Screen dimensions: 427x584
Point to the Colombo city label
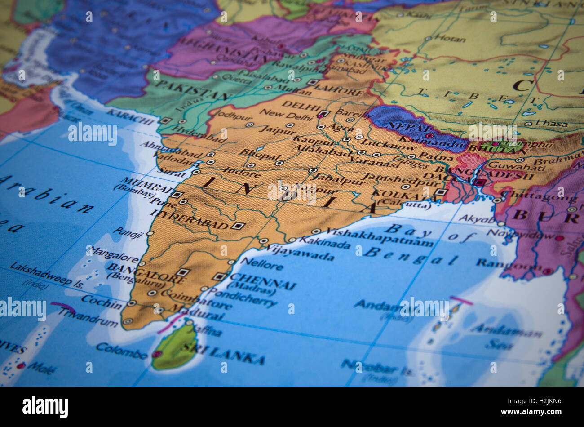(x=121, y=350)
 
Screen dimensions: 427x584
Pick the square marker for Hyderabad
(x=238, y=226)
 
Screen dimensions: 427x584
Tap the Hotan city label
(x=449, y=39)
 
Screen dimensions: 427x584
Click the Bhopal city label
(x=259, y=155)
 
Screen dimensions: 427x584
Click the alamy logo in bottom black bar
(x=45, y=407)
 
